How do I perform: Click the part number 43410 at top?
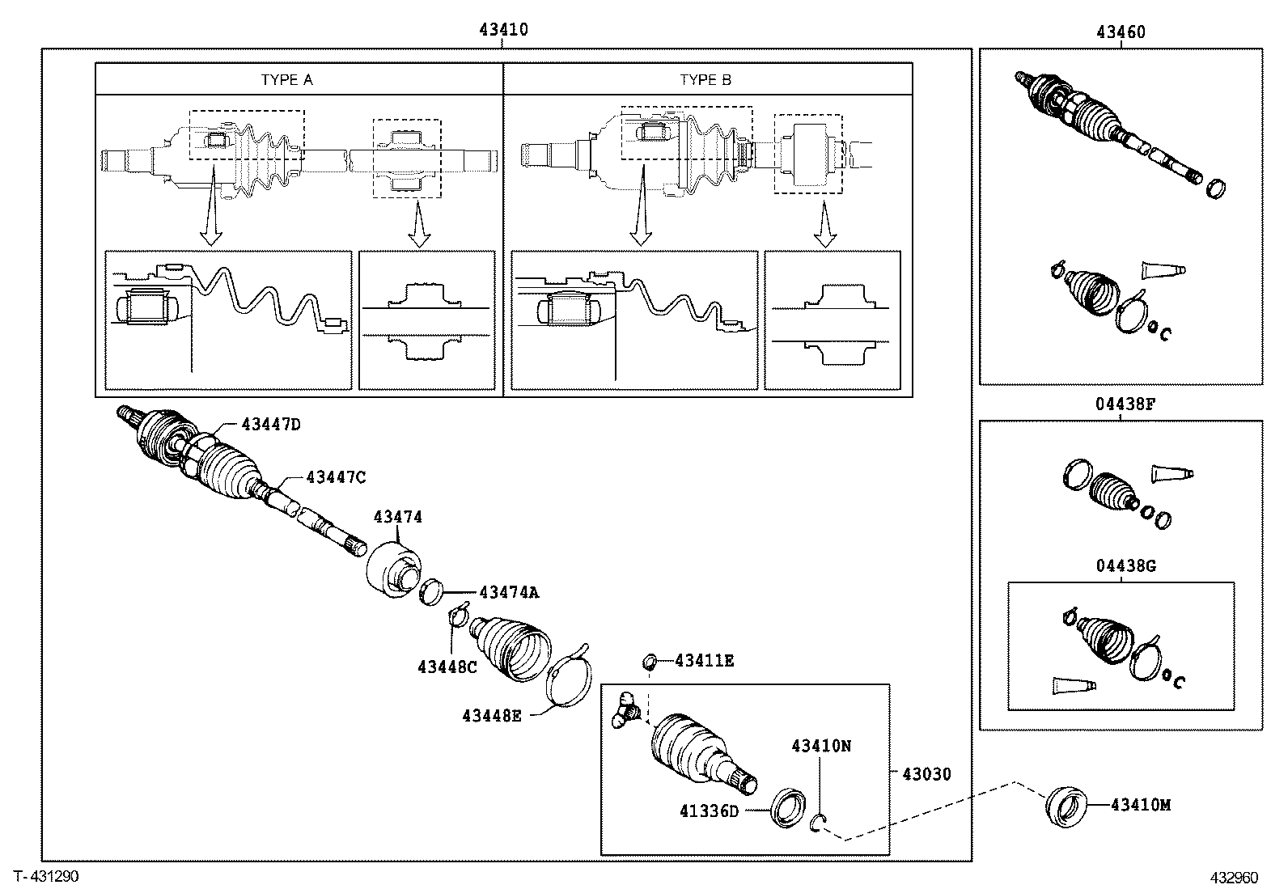(502, 30)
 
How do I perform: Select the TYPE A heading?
(286, 80)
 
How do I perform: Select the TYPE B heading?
(705, 80)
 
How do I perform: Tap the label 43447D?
(270, 424)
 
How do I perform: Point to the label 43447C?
(335, 477)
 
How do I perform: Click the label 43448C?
(447, 667)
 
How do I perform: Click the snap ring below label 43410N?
(818, 823)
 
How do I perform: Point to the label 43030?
(926, 774)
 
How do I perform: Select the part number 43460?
(1121, 32)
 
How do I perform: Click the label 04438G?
(1126, 566)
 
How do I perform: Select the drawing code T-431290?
(45, 876)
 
